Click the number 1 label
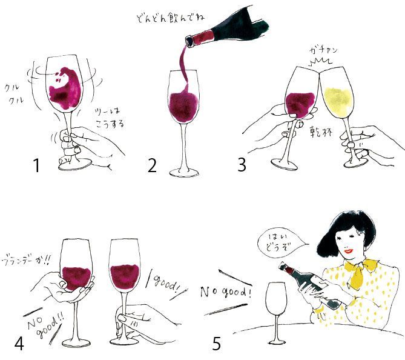[36, 164]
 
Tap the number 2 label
[151, 165]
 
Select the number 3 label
[242, 164]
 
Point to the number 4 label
[19, 344]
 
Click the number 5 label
[217, 344]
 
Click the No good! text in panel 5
[226, 292]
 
